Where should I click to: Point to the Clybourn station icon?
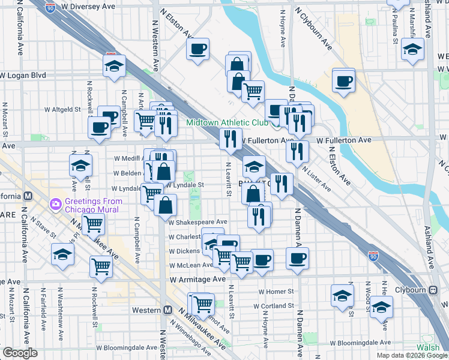(433, 290)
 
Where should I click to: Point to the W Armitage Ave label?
(197, 280)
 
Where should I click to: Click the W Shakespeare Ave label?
(198, 222)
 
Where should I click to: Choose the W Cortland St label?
(279, 306)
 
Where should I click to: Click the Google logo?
(20, 353)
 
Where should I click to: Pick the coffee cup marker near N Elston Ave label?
(197, 50)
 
